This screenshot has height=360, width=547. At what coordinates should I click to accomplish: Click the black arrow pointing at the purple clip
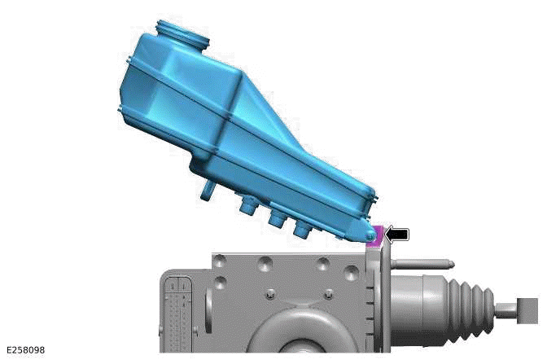click(x=397, y=235)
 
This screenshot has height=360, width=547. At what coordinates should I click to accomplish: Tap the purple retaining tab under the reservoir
click(x=376, y=235)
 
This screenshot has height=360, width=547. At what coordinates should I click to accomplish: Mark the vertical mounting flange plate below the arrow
click(x=374, y=293)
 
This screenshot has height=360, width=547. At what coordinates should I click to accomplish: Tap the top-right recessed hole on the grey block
click(x=323, y=263)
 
